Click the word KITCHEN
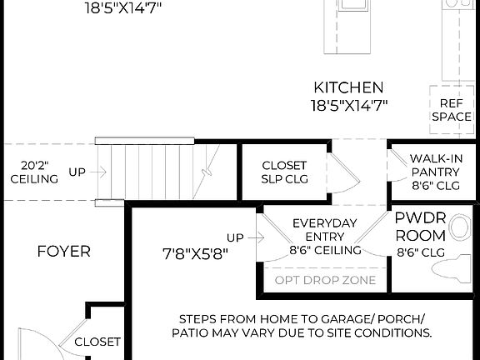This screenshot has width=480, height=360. (348, 87)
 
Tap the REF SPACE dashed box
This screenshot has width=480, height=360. (452, 110)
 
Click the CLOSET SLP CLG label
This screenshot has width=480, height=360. (284, 172)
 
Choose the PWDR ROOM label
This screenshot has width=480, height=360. (420, 227)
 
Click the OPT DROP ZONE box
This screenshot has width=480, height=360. (324, 280)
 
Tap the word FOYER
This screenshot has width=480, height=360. (63, 251)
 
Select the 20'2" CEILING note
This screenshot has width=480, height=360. (34, 172)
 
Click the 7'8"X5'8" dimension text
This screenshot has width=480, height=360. (196, 252)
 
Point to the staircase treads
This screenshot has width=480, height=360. (150, 172)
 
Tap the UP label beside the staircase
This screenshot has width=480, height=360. (77, 172)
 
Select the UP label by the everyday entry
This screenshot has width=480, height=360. (236, 237)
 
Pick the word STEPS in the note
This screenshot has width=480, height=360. (199, 318)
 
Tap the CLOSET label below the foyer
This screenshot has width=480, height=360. (97, 342)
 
